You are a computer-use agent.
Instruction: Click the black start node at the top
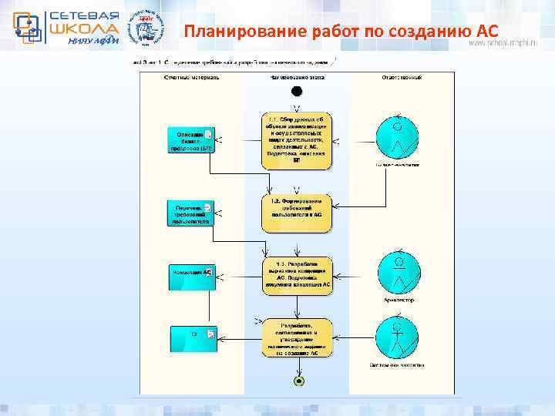point(297,91)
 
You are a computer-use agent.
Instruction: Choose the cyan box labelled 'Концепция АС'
point(191,275)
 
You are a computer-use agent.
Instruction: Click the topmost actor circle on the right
point(397,137)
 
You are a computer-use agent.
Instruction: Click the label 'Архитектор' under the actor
point(397,300)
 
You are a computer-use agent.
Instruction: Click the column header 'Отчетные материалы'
point(192,77)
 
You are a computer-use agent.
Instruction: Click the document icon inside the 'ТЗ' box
point(210,334)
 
